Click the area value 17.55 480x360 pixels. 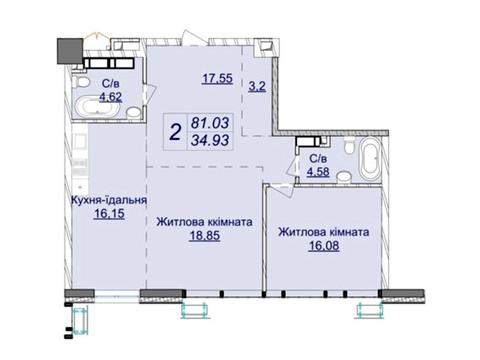click(217, 79)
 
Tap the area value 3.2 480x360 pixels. click(257, 86)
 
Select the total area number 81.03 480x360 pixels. click(210, 123)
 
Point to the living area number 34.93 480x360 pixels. click(210, 140)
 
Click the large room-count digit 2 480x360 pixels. click(175, 132)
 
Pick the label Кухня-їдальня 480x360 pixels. click(109, 200)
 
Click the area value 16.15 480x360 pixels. click(109, 214)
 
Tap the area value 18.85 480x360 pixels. click(205, 236)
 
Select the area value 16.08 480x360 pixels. click(324, 246)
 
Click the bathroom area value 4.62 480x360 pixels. click(111, 97)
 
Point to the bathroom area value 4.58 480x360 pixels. click(318, 172)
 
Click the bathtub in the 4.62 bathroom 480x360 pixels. click(97, 107)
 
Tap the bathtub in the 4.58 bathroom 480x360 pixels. click(370, 159)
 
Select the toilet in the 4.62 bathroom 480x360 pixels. click(80, 81)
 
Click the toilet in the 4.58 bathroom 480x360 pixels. click(349, 146)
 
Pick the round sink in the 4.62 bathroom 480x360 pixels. click(134, 112)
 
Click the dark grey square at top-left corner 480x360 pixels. click(70, 51)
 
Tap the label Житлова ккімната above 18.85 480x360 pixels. click(204, 222)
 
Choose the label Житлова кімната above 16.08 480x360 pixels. click(324, 232)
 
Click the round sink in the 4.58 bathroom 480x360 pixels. click(344, 177)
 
